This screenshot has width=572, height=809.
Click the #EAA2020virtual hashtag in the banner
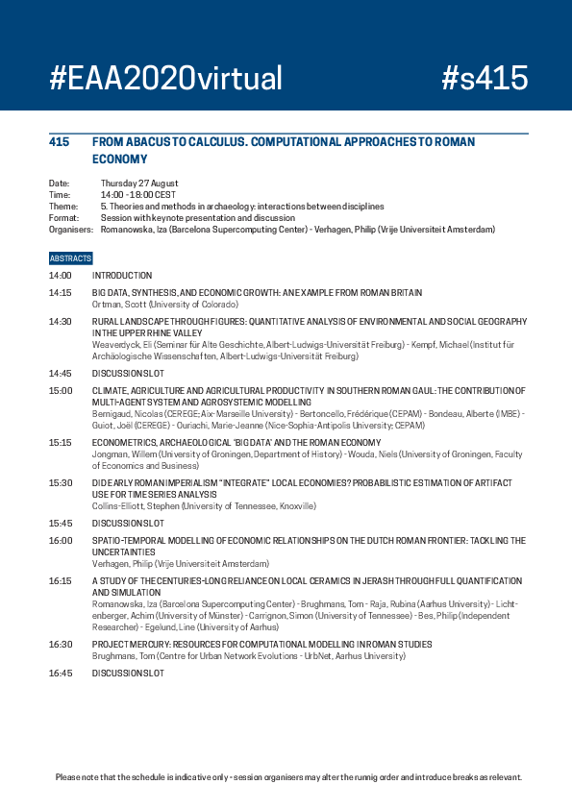tap(165, 78)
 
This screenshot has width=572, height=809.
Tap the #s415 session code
tap(485, 78)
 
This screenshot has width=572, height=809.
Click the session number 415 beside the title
tap(59, 142)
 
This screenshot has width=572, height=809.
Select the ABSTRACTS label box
tap(70, 258)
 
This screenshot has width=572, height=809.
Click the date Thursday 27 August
tap(139, 184)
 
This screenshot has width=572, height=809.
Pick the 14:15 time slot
tap(60, 292)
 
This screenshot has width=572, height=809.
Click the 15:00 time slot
tap(60, 390)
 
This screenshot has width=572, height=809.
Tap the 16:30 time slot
tap(60, 644)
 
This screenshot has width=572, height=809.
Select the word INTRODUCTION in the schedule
tap(122, 276)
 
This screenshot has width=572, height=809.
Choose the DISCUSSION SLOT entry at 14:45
tap(128, 374)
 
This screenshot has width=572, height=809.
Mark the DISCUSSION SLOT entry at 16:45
tap(128, 673)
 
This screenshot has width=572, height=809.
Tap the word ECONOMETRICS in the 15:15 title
tap(123, 443)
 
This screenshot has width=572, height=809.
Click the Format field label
tap(62, 217)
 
